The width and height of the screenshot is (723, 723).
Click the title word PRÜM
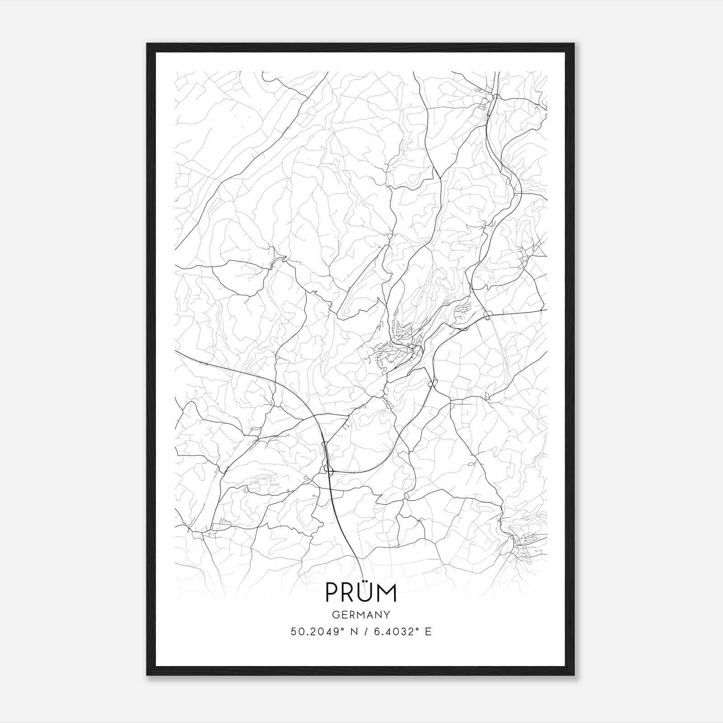click(x=361, y=593)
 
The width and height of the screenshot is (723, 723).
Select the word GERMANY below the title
click(x=361, y=615)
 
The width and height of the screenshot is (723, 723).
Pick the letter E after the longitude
click(x=428, y=631)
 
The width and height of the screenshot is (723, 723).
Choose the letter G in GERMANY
click(x=335, y=615)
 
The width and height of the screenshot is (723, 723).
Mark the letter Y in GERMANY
click(x=387, y=615)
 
